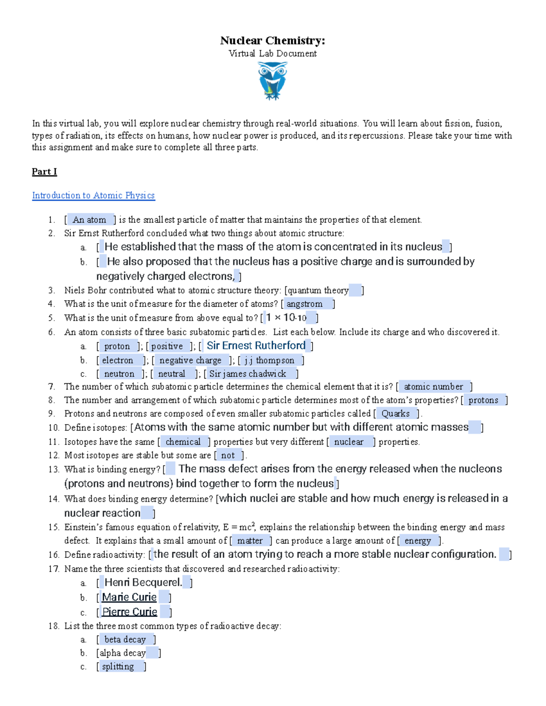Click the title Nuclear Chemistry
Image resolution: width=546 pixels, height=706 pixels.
pos(273,40)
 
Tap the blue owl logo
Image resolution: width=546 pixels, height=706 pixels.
pos(272,81)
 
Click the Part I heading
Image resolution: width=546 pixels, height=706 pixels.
pos(44,171)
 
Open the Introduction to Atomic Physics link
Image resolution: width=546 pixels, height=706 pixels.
pos(93,195)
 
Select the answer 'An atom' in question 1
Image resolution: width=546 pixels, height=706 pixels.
pos(90,220)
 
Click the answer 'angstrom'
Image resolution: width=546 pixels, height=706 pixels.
pos(304,304)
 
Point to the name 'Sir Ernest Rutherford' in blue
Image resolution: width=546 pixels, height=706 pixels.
pos(256,346)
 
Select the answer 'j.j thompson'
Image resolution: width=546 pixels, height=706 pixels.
pos(269,361)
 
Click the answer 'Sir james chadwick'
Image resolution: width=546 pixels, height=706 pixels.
pos(248,374)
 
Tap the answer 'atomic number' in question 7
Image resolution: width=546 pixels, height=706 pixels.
pos(433,387)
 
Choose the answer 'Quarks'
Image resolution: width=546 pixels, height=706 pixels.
pos(395,414)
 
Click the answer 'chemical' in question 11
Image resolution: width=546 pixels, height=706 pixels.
pos(183,442)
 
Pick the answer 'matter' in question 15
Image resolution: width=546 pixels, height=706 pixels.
pos(250,541)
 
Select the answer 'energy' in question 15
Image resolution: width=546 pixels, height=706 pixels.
pos(417,541)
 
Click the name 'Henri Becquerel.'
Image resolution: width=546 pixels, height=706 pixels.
pos(143,582)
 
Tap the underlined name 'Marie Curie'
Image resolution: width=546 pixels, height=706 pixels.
pos(129,597)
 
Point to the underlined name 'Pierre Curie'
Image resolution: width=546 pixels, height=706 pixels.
pos(130,612)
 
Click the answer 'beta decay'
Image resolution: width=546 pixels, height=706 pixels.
pos(125,640)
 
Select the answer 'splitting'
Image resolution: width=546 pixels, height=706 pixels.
pos(118,666)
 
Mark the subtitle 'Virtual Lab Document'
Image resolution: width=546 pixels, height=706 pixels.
pos(273,54)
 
